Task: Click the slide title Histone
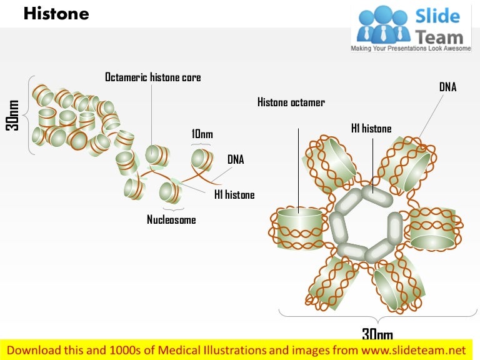point(56,13)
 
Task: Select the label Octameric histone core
point(152,77)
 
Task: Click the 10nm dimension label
point(202,134)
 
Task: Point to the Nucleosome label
point(171,219)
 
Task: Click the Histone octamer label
point(291,102)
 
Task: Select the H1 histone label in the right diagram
point(371,129)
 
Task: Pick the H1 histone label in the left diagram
point(234,195)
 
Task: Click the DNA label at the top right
point(447,87)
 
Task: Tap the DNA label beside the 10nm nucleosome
point(236,160)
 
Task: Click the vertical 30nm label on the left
point(12,116)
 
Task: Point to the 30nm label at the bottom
point(377,334)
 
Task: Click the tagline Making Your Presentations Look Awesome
point(411,48)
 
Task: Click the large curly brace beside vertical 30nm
point(29,116)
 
